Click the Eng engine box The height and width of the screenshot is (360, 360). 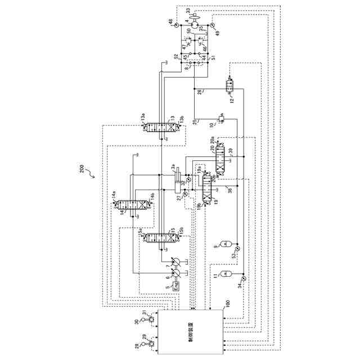tap(175, 285)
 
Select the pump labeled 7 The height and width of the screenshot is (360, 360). tap(175, 263)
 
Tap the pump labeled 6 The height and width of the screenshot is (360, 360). tap(175, 273)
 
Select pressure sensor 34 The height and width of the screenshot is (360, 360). tap(243, 278)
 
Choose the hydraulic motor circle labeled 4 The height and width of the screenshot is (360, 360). tap(194, 23)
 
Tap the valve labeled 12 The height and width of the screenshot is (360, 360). tap(230, 85)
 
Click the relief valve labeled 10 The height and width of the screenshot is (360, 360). tap(221, 118)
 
